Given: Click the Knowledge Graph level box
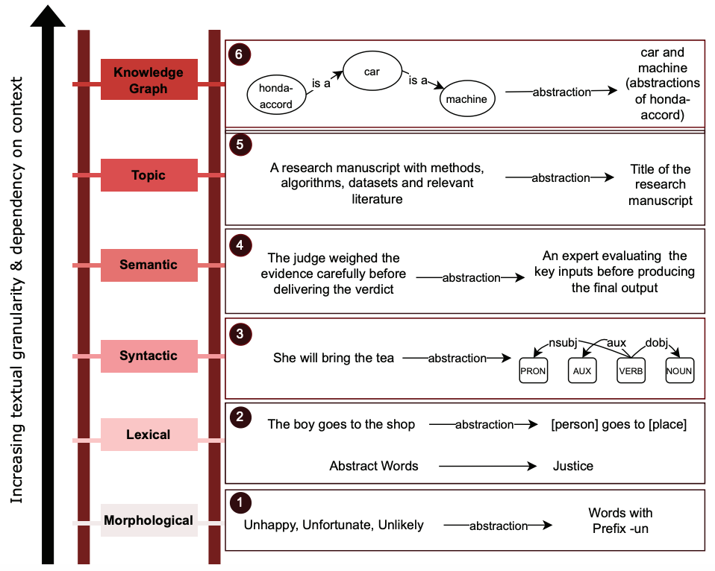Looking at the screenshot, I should tap(149, 80).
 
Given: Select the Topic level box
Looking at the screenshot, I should tap(149, 175).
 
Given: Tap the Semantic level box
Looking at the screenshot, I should tap(149, 265).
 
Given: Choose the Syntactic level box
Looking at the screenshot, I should tap(149, 356).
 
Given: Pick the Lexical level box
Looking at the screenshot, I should tap(149, 435).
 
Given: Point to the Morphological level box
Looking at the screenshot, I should tap(149, 520).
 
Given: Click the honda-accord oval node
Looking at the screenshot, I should tap(276, 96).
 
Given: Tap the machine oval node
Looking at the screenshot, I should tap(467, 98).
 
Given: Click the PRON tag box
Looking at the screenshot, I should tap(533, 370).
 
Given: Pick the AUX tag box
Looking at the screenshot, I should tap(581, 370).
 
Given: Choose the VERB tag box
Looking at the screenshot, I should tap(631, 370).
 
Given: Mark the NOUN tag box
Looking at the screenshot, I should tap(680, 370).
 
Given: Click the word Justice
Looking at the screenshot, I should tap(573, 466).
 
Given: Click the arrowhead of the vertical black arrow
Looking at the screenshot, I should tap(49, 16).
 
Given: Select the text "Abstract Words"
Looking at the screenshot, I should tap(374, 466).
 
